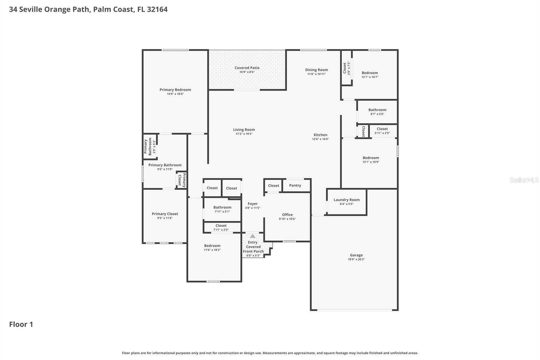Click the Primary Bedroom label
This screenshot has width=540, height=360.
point(175,90)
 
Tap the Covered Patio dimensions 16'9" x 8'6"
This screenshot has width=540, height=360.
point(247,72)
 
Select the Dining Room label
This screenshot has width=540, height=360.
point(316,70)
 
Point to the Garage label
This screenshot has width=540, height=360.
point(356,255)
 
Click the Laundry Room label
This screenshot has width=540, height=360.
point(346,200)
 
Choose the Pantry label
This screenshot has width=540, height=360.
point(295,185)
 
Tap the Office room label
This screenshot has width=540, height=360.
point(287,215)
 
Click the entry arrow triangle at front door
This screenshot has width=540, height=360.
point(252,236)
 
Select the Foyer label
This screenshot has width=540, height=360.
point(252,204)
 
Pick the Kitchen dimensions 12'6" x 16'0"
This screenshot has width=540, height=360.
point(320,139)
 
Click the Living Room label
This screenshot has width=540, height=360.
point(244,130)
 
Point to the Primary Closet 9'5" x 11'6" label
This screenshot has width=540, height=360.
point(165,214)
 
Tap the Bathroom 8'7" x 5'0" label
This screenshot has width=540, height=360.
point(377,110)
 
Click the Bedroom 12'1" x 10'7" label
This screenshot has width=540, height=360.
point(370,73)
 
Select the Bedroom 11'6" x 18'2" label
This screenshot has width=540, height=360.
point(212,246)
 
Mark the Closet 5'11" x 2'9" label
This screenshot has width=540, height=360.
point(382,129)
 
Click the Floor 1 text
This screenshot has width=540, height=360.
point(21,325)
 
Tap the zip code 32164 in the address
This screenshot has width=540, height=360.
point(157,9)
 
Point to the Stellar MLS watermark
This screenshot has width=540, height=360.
point(524,180)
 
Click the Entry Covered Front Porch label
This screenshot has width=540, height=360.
point(253,247)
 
